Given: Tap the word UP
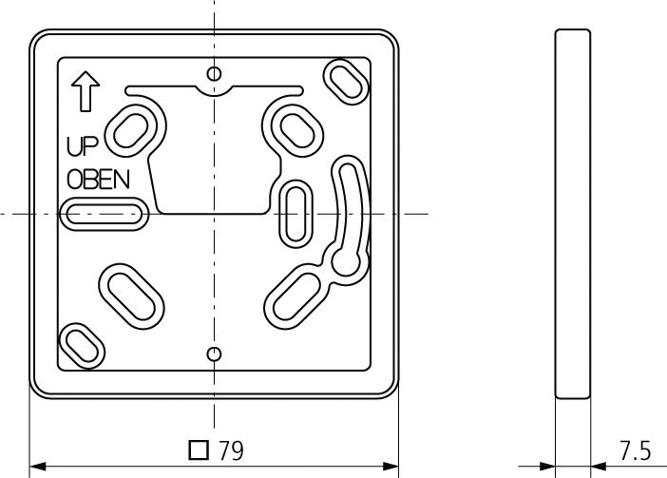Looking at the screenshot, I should (82, 146).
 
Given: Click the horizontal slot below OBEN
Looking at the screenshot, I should (104, 215).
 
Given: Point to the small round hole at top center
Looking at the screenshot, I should (215, 73).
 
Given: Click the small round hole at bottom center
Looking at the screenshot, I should (215, 354).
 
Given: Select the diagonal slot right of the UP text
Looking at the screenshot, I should (134, 129).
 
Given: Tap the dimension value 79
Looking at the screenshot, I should (231, 451).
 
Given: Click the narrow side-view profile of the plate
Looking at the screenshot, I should (572, 214).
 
